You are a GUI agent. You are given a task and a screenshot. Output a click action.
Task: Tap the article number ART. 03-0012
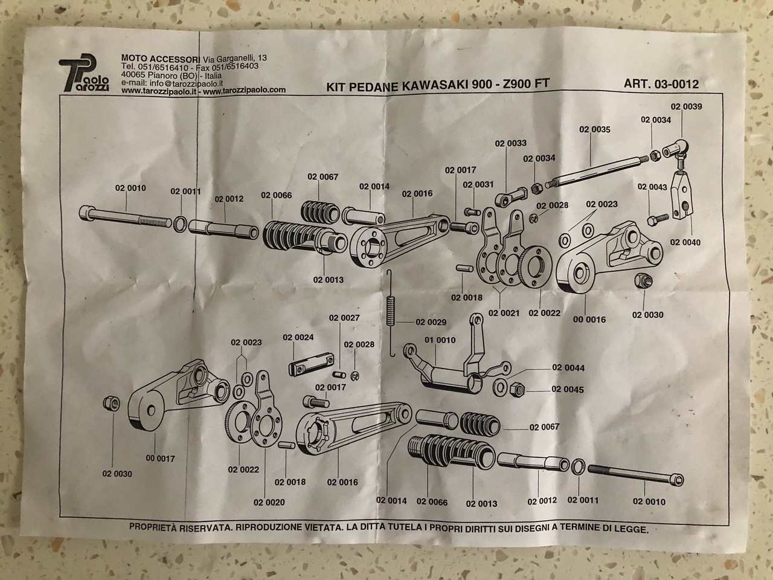(x=661, y=85)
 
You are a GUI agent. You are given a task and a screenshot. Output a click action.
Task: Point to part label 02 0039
(x=686, y=106)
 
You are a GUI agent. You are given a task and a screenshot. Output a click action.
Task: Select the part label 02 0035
(x=594, y=129)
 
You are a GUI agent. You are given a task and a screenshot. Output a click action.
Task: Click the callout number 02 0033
(x=510, y=144)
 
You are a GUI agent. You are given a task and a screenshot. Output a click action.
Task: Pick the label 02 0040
(x=685, y=242)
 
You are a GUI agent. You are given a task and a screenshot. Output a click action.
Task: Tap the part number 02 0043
(x=652, y=187)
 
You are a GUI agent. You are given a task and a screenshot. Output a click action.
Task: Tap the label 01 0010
(x=440, y=340)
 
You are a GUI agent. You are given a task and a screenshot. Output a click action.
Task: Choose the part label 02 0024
(x=298, y=337)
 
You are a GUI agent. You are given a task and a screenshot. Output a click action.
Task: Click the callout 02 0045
(x=568, y=389)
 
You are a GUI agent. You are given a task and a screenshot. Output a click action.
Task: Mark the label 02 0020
(x=269, y=502)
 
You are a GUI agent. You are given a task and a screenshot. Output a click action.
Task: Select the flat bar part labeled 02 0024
(x=312, y=364)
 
